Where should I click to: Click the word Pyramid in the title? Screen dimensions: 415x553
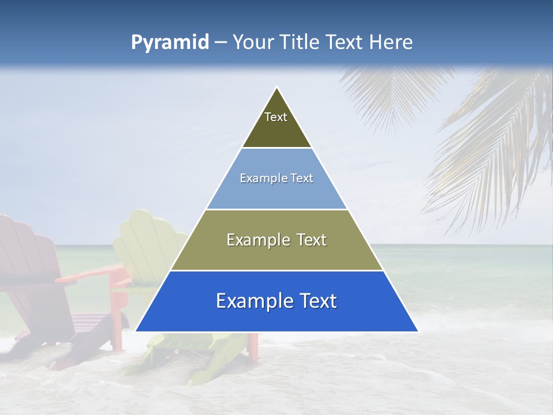coord(169,43)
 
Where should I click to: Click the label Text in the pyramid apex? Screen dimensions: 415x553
coord(276,117)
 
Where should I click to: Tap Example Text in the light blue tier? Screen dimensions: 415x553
coord(276,178)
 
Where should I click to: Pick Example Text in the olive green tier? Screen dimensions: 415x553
coord(276,240)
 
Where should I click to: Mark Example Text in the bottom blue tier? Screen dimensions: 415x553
coord(276,301)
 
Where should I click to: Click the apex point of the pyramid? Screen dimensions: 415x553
coord(277,88)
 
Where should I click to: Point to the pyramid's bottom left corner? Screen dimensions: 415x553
coord(136,331)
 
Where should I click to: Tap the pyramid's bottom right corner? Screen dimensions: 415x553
coord(418,331)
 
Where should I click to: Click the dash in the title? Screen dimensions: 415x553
coord(220,43)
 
